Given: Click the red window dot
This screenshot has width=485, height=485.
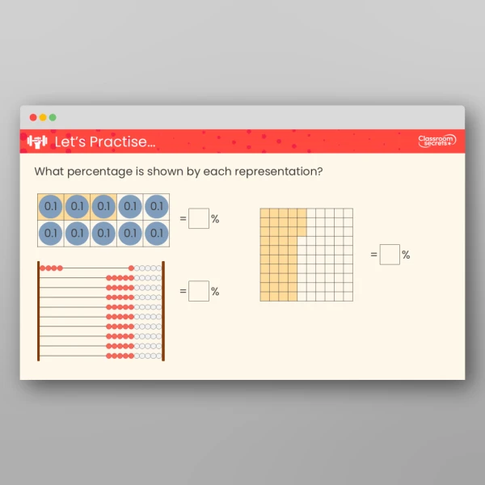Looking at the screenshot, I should click(33, 117).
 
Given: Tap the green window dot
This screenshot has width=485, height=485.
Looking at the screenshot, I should click(53, 117).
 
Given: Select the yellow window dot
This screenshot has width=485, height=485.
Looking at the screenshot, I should click(43, 117).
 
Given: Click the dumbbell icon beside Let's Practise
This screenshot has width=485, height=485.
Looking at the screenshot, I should click(37, 141).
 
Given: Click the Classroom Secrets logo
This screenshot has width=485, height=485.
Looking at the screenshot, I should click(436, 141).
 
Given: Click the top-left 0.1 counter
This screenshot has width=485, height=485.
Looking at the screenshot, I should click(51, 206).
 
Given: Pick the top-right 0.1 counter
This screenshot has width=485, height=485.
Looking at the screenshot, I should click(156, 206).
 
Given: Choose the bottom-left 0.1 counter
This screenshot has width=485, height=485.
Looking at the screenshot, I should click(51, 233).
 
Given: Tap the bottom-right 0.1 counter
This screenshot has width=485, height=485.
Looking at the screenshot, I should click(156, 233).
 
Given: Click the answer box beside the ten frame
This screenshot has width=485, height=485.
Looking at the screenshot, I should click(199, 219).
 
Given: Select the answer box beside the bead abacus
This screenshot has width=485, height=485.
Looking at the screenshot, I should click(199, 292).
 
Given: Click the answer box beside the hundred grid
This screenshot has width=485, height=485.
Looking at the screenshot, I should click(390, 255).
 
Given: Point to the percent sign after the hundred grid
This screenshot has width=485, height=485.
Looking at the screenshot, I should click(406, 255).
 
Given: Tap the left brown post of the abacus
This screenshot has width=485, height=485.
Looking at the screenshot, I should click(38, 310).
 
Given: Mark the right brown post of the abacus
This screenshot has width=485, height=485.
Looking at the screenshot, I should click(164, 310).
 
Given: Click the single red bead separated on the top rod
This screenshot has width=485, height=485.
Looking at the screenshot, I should click(131, 268).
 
